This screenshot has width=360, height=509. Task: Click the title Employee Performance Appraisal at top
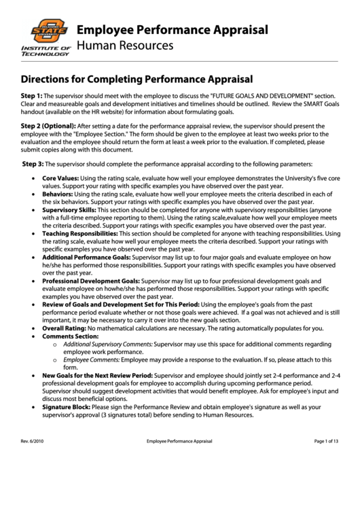pos(172,30)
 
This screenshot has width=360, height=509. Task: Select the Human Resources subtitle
pos(125,46)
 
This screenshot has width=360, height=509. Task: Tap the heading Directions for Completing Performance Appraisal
pos(137,79)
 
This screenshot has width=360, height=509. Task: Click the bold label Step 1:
pos(31,96)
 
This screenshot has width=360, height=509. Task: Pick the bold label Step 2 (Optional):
pos(48,126)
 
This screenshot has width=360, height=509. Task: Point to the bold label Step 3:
pos(33,164)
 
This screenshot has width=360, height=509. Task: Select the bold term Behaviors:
pos(58,194)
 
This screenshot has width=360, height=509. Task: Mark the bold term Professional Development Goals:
pos(90,281)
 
